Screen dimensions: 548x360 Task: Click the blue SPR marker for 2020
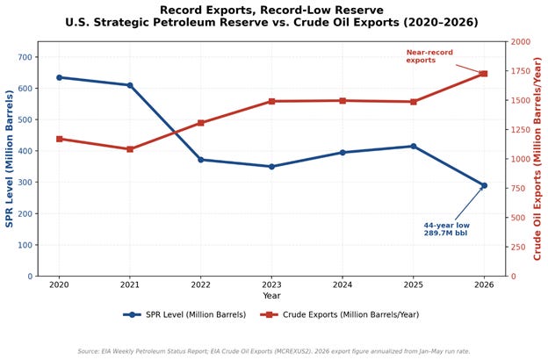pyautogui.click(x=59, y=77)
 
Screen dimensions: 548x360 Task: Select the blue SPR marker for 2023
pyautogui.click(x=271, y=166)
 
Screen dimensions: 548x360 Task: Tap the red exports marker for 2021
pyautogui.click(x=130, y=149)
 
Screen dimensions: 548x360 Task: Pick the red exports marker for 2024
pyautogui.click(x=342, y=101)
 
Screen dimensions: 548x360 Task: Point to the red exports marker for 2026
pyautogui.click(x=484, y=74)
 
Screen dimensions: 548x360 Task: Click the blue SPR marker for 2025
pyautogui.click(x=414, y=146)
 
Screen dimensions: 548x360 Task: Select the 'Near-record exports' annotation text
pyautogui.click(x=429, y=56)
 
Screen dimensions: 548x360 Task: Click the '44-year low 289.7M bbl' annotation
pyautogui.click(x=447, y=229)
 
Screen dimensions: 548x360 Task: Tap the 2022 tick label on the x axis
pyautogui.click(x=200, y=284)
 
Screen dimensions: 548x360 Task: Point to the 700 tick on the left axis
pyautogui.click(x=25, y=57)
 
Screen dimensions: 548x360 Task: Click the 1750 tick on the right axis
pyautogui.click(x=521, y=71)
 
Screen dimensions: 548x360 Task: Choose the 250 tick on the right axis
pyautogui.click(x=518, y=247)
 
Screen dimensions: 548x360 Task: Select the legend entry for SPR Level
pyautogui.click(x=184, y=314)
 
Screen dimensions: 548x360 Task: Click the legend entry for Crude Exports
pyautogui.click(x=340, y=314)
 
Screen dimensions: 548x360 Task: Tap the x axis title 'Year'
pyautogui.click(x=271, y=296)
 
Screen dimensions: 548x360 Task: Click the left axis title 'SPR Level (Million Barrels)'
pyautogui.click(x=9, y=159)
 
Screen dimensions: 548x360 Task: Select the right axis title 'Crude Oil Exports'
pyautogui.click(x=537, y=159)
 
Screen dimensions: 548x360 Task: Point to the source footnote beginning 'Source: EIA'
pyautogui.click(x=274, y=351)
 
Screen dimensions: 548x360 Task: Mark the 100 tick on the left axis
pyautogui.click(x=25, y=245)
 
